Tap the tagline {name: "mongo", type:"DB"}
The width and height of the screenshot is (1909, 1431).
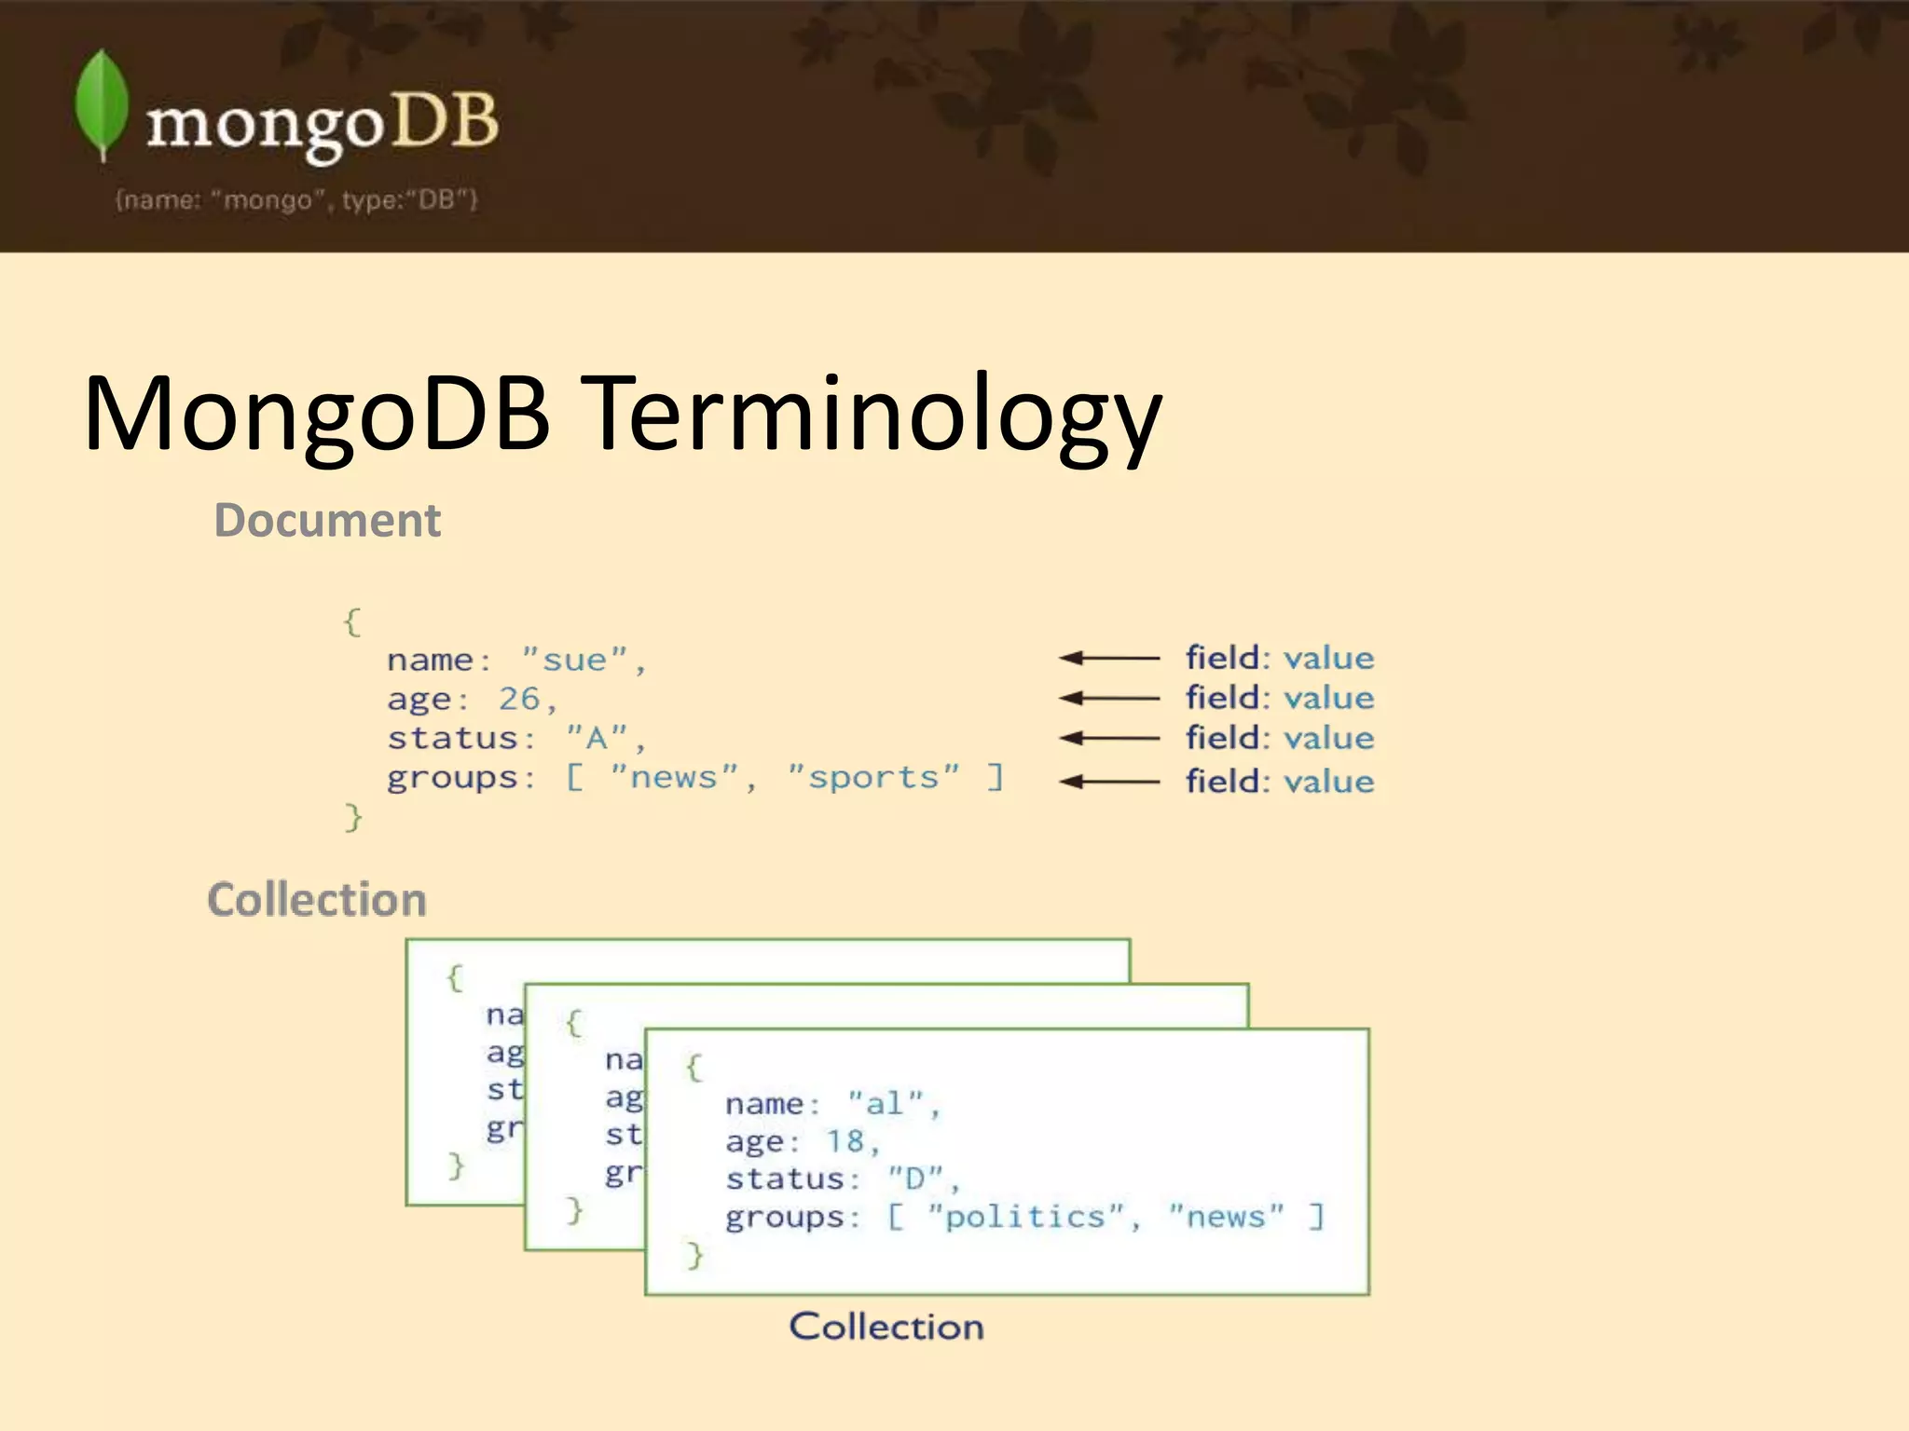click(x=296, y=200)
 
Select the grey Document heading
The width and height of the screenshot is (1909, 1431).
click(x=327, y=520)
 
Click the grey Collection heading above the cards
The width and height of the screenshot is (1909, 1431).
click(x=317, y=900)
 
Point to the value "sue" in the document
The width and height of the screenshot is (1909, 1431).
click(x=574, y=660)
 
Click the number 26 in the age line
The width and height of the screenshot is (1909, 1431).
click(x=519, y=699)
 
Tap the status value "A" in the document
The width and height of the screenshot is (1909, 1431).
click(x=597, y=738)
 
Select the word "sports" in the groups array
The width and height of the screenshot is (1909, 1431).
click(x=873, y=777)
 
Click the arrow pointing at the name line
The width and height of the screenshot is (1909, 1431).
click(x=1108, y=658)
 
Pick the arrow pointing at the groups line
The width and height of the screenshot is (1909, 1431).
click(x=1108, y=781)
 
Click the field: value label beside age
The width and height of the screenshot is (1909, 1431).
click(x=1279, y=698)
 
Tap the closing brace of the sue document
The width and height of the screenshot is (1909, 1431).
click(x=352, y=817)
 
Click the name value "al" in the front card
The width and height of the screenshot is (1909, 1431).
click(x=886, y=1104)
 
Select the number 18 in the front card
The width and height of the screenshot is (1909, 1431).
click(x=845, y=1141)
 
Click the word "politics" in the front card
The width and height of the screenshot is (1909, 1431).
click(x=1025, y=1217)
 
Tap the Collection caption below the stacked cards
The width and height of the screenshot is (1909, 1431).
click(x=886, y=1327)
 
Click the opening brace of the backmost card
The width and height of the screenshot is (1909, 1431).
click(x=455, y=977)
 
